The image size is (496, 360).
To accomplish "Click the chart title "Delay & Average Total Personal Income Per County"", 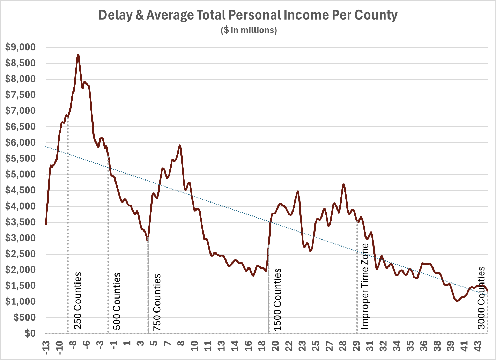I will point(248,15).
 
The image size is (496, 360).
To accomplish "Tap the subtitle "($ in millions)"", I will point(249,30).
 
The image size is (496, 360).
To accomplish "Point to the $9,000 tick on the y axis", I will point(21,47).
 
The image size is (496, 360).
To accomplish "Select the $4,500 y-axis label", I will point(21,190).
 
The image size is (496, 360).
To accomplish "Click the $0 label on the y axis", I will point(30,333).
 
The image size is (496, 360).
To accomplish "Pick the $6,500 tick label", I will point(21,127).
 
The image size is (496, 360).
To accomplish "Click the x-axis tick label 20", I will point(275,346).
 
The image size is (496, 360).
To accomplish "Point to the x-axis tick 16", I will point(249,346).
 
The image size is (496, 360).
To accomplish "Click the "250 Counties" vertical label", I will point(78,301).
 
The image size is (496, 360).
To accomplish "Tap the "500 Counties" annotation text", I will point(117,301).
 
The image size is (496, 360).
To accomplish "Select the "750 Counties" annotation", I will point(157,302).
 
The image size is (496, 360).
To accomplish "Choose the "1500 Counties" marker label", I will point(277,300).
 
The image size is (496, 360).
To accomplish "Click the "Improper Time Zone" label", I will point(365,286).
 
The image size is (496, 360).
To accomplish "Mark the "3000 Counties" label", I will point(482,298).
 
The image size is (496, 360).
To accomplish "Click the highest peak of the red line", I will point(78,55).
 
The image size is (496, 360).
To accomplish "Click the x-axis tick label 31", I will point(370,346).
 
